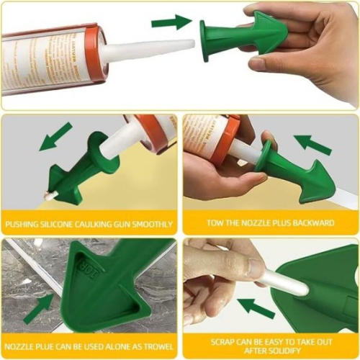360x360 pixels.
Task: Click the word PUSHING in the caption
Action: (x=22, y=224)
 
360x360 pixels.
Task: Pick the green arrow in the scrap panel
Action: (x=256, y=308)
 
